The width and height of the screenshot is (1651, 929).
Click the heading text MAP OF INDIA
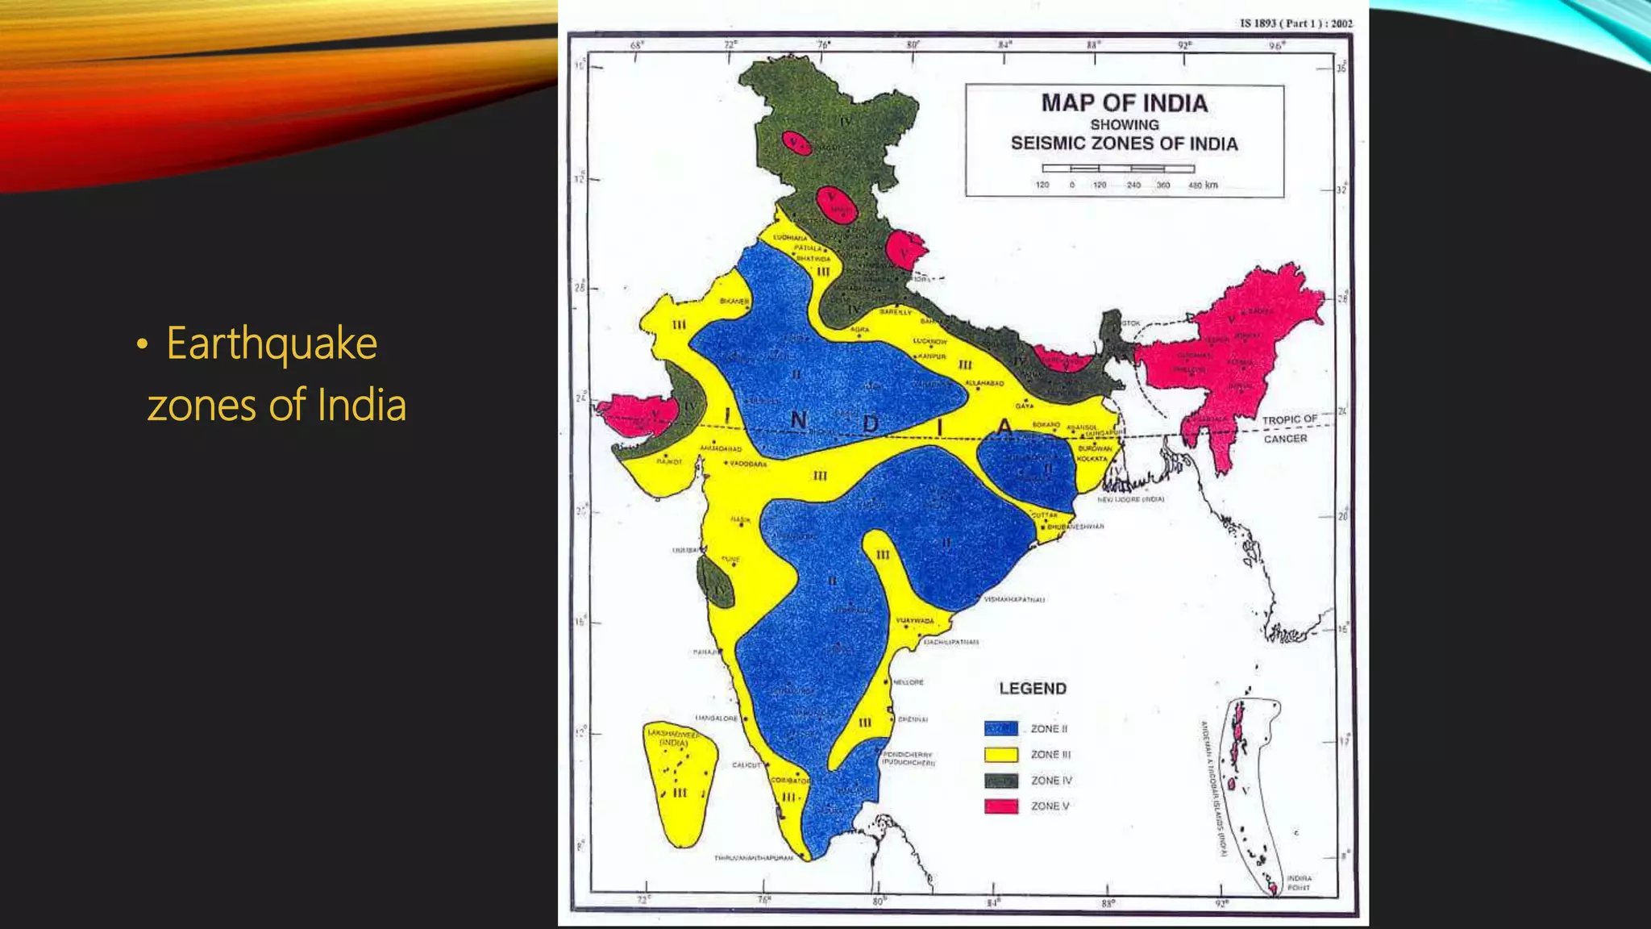point(1124,103)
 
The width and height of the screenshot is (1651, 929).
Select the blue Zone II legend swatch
point(1000,728)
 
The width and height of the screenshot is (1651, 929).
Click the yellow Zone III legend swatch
point(1000,755)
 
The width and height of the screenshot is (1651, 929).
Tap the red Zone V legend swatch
point(1000,806)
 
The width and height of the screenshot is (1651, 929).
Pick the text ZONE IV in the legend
point(1051,781)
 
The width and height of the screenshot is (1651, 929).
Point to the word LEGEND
point(1033,689)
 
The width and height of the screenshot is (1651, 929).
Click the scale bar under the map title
point(1117,169)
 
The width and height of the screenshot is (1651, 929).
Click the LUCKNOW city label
point(929,341)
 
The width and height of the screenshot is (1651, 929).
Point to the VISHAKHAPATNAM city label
point(1014,599)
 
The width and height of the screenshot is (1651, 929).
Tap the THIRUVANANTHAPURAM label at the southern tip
point(753,858)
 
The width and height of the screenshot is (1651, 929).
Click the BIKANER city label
point(734,301)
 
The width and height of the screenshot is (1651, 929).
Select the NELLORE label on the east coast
point(909,682)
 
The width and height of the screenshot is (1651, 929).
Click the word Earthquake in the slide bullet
point(272,344)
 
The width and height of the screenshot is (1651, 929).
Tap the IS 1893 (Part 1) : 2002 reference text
point(1295,23)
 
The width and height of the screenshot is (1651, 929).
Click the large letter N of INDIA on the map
point(798,420)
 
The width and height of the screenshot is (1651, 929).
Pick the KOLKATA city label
point(1092,458)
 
